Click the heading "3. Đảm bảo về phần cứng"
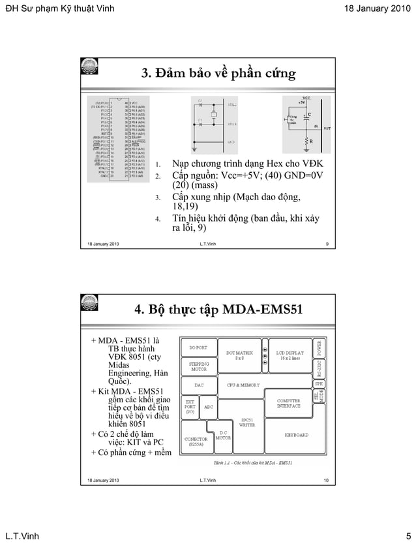click(218, 73)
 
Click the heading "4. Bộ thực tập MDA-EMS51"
click(218, 308)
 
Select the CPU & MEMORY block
click(242, 385)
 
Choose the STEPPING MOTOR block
click(198, 367)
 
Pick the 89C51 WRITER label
click(247, 422)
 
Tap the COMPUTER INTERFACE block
click(288, 404)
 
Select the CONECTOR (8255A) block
click(195, 443)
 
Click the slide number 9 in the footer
click(326, 244)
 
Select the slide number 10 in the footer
click(325, 480)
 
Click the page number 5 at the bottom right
click(407, 535)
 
